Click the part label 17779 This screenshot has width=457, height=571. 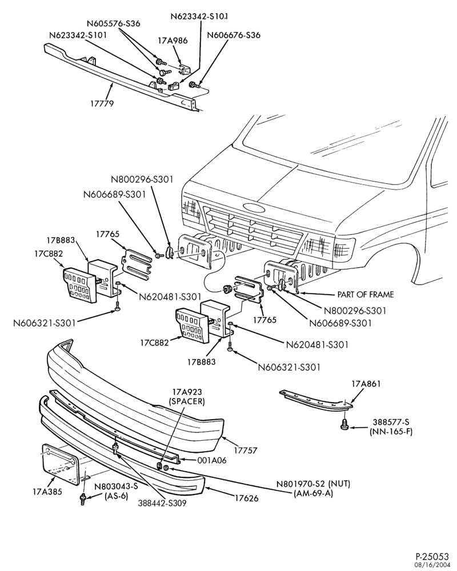pos(102,103)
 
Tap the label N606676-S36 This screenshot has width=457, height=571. pos(234,35)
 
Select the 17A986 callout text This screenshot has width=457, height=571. pos(173,41)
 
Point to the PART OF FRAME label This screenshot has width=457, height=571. pos(366,294)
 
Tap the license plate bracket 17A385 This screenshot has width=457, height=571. pos(61,465)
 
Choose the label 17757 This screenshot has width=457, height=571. pos(245,451)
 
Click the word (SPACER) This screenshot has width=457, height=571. pos(187,401)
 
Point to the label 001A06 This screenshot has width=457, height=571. pos(212,460)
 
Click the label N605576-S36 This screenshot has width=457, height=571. pos(113,23)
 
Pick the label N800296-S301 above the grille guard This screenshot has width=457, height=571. pos(142,179)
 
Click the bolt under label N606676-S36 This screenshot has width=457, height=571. pos(193,85)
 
